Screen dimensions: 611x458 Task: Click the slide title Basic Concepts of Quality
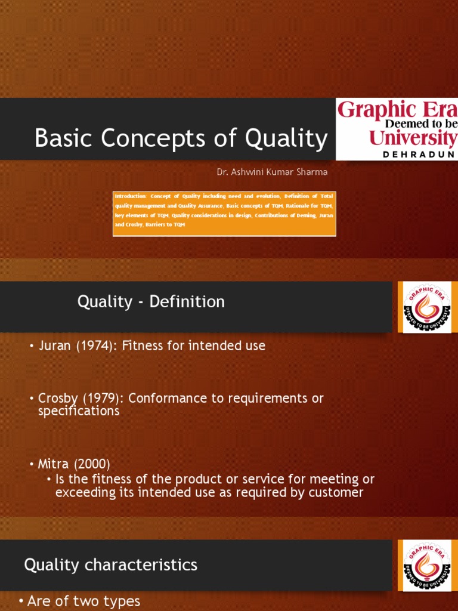181,138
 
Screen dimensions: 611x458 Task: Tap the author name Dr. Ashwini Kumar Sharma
272,172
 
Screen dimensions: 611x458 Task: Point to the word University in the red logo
412,138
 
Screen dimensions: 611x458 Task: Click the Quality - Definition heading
151,302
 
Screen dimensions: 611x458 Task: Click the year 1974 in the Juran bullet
96,345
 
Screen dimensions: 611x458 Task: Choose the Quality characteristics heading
110,564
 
